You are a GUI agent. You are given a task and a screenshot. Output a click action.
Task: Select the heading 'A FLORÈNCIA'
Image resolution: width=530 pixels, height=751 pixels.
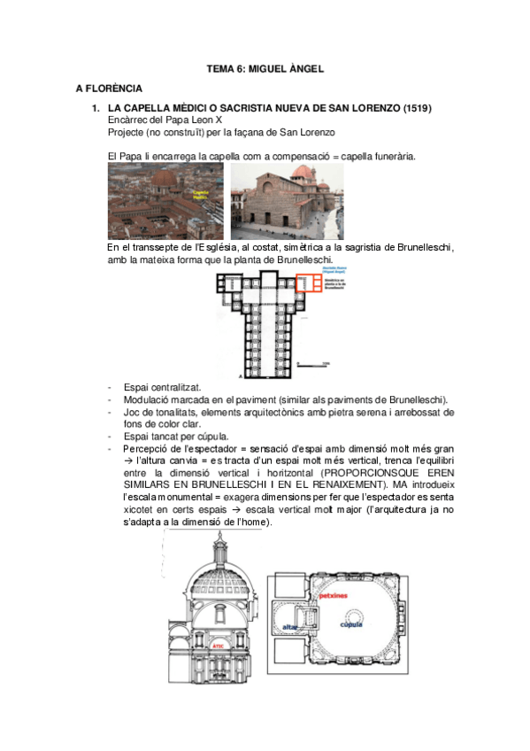(x=110, y=89)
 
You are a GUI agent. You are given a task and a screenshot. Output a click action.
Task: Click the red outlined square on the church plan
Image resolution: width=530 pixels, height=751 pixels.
(x=308, y=283)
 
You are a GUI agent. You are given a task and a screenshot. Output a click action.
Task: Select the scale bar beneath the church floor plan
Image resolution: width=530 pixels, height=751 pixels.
(x=313, y=364)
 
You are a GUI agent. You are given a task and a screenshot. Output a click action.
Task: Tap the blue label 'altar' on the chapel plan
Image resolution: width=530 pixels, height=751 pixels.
(x=288, y=626)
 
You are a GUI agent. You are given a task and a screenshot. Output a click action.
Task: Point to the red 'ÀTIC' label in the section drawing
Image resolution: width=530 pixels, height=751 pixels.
(x=218, y=646)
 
